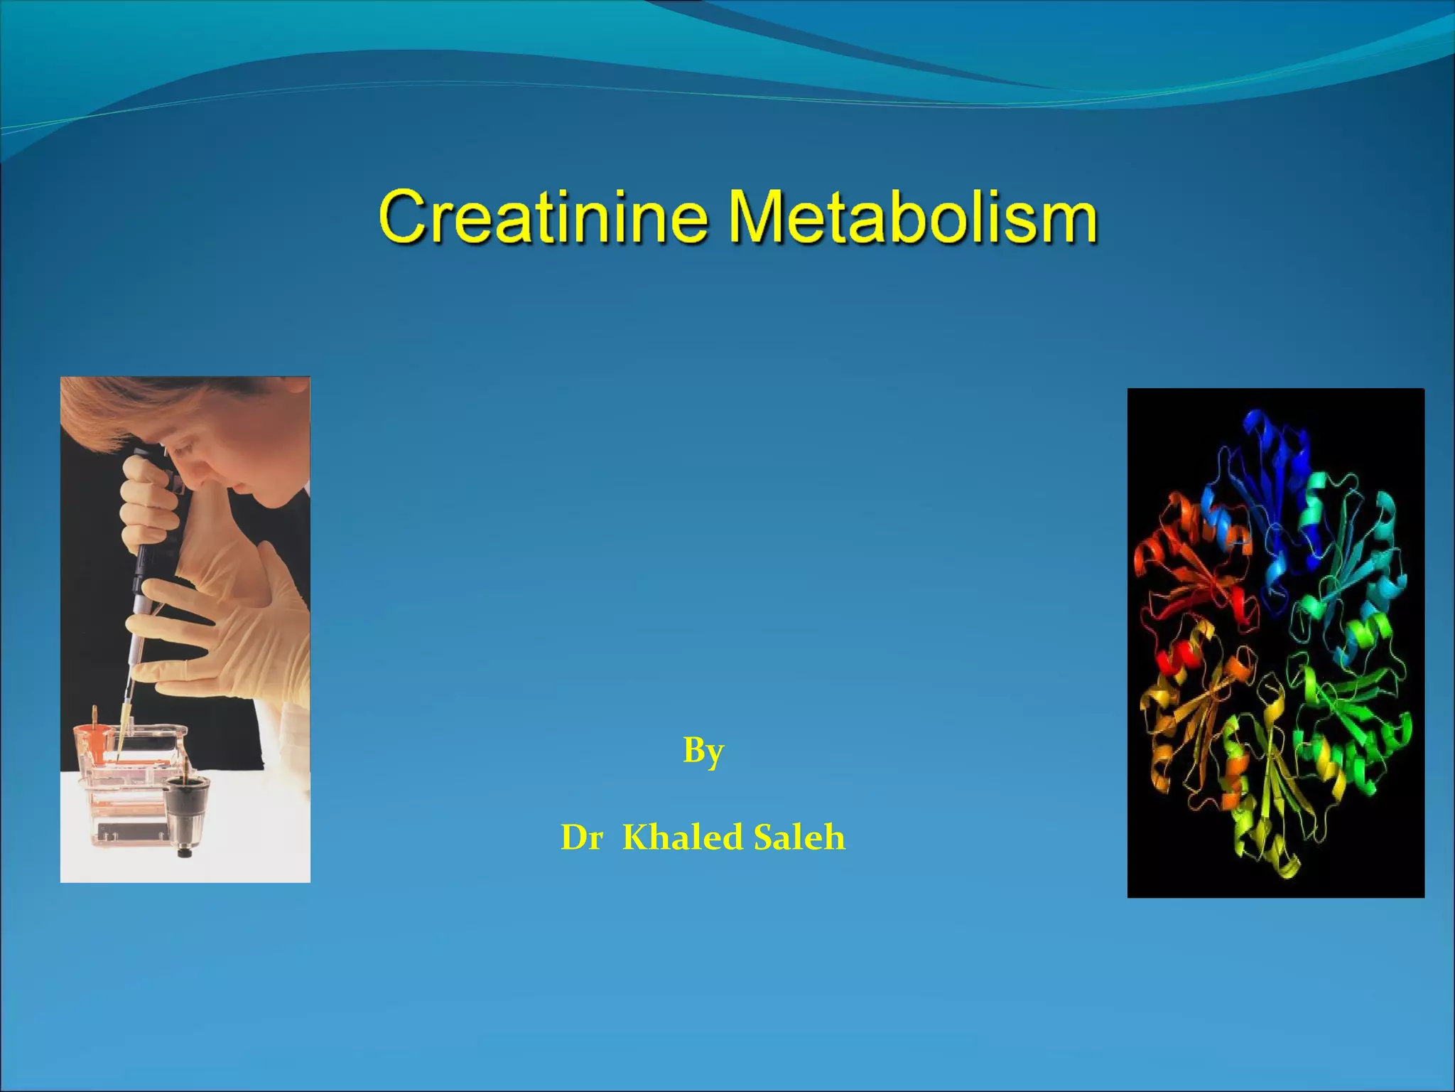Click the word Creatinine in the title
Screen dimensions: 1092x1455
(543, 216)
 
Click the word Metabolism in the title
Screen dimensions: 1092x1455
(912, 216)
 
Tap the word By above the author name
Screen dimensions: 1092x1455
(703, 751)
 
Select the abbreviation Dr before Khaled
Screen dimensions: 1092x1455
(581, 837)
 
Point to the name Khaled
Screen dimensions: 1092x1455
(682, 837)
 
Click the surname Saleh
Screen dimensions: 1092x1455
(799, 837)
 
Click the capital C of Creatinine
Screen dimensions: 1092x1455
(405, 216)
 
